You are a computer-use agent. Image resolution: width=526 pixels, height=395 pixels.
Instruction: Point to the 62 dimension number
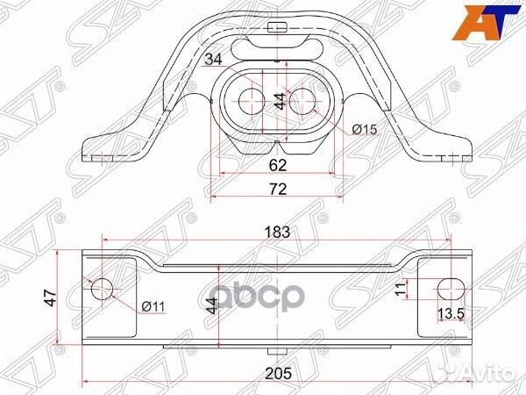pyautogui.click(x=278, y=163)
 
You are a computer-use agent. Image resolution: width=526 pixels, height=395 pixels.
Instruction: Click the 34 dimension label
pyautogui.click(x=212, y=60)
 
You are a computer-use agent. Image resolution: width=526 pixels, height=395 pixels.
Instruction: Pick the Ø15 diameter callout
pyautogui.click(x=364, y=130)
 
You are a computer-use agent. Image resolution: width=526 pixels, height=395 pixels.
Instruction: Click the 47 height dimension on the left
pyautogui.click(x=50, y=298)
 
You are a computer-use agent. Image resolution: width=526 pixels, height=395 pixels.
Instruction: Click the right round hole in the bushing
pyautogui.click(x=302, y=100)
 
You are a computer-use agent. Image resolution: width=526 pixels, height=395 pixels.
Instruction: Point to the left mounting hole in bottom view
pyautogui.click(x=103, y=288)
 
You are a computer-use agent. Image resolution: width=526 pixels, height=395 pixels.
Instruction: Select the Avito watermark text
pyautogui.click(x=487, y=376)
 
